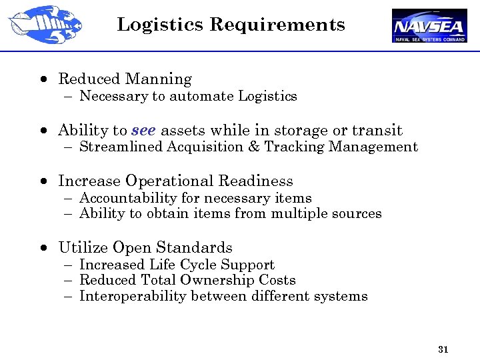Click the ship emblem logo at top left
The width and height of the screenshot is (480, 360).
pyautogui.click(x=44, y=24)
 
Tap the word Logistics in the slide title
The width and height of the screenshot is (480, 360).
pyautogui.click(x=160, y=25)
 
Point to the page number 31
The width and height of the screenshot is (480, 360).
pyautogui.click(x=443, y=349)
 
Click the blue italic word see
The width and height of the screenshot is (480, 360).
pyautogui.click(x=143, y=130)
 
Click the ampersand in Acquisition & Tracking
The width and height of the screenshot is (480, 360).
pyautogui.click(x=253, y=147)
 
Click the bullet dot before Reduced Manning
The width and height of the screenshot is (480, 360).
pyautogui.click(x=43, y=79)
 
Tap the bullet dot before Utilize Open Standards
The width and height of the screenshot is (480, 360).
pyautogui.click(x=43, y=248)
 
